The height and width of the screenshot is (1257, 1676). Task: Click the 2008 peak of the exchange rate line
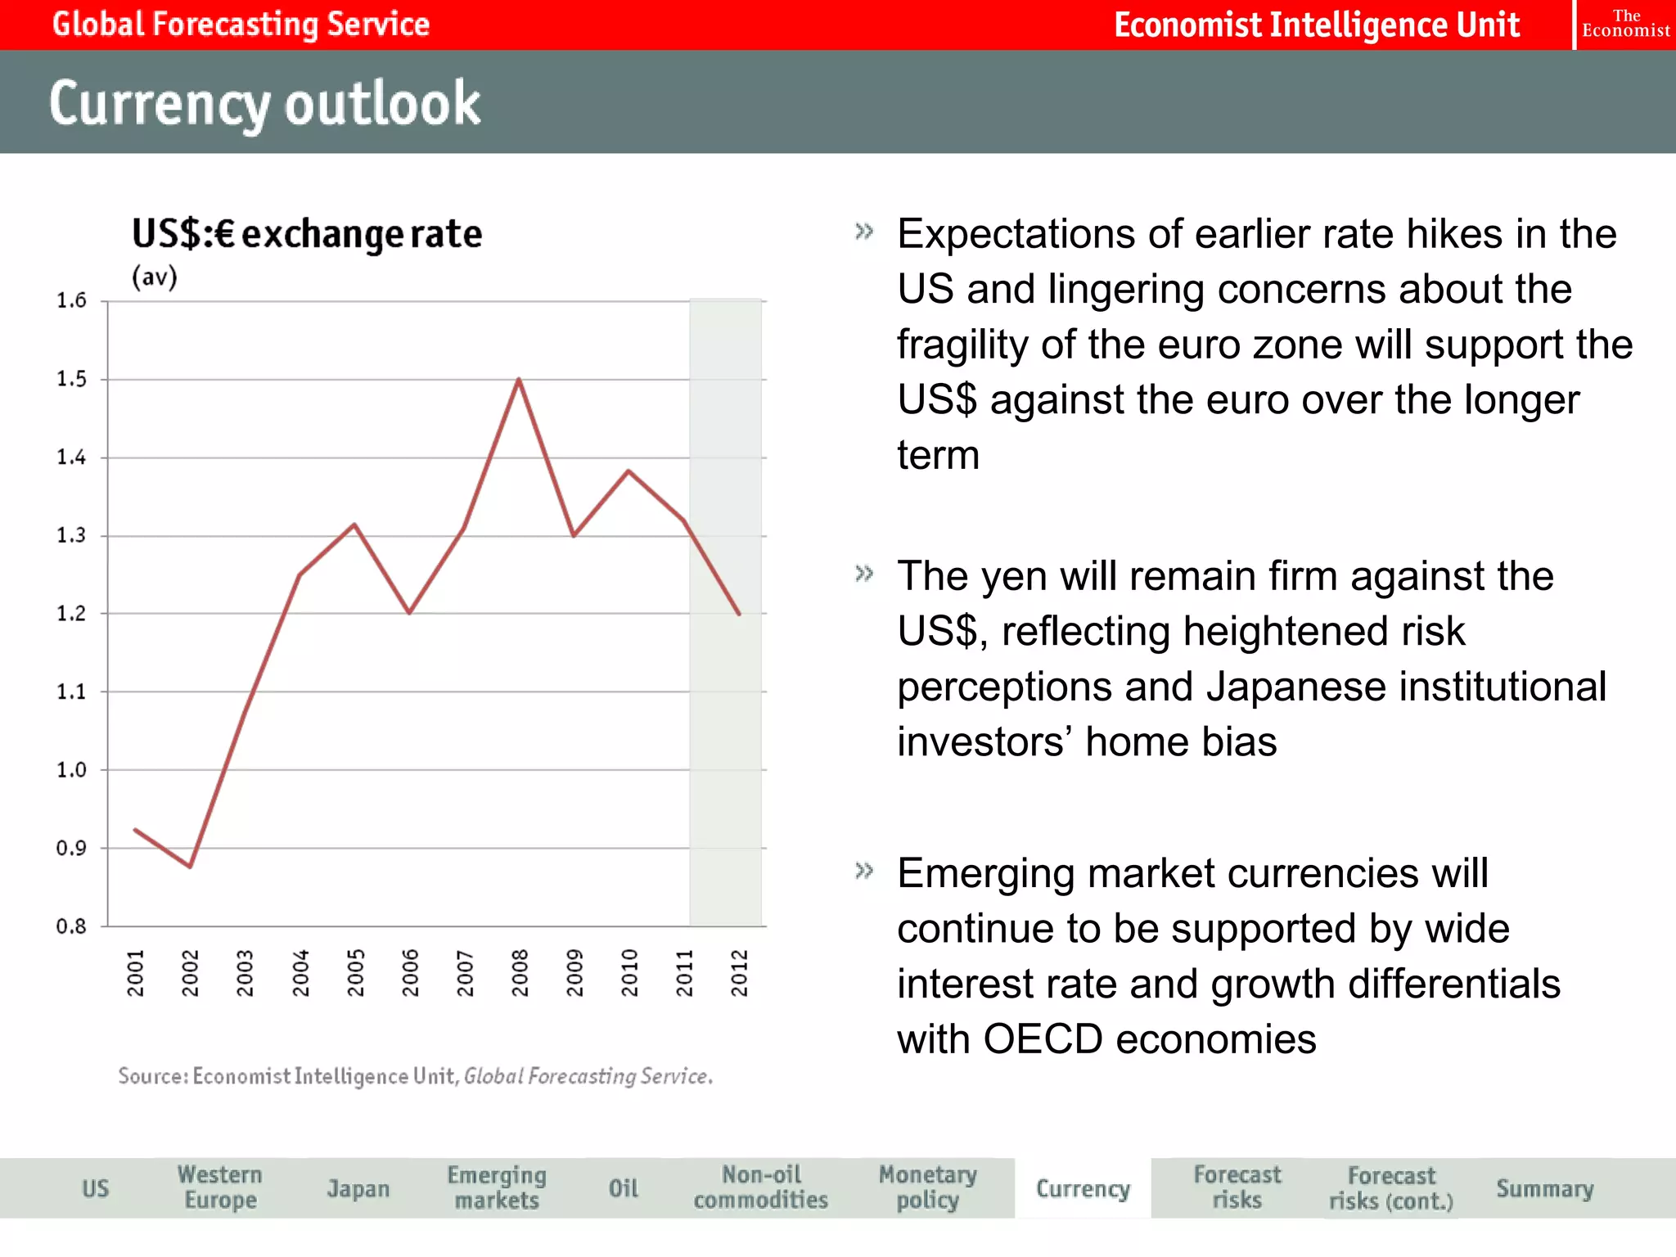pos(519,379)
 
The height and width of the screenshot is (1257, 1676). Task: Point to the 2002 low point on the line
pos(190,866)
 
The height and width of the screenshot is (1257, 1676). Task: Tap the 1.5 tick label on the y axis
pos(71,379)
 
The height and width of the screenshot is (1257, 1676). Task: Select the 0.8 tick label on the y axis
pos(71,926)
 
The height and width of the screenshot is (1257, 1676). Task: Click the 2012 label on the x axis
pos(740,972)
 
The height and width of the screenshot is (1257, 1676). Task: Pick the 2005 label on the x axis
pos(355,972)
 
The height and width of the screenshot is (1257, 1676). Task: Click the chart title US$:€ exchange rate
pos(307,234)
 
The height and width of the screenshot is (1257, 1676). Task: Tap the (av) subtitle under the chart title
pos(155,277)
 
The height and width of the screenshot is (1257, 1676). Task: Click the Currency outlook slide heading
pos(264,103)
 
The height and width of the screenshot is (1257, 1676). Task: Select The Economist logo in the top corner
pos(1625,25)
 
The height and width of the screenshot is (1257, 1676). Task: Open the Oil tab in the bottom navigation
pos(623,1188)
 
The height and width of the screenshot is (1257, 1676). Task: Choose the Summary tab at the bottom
pos(1544,1188)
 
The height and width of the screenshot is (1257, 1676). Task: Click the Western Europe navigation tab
pos(219,1187)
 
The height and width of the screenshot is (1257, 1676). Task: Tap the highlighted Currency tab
pos(1083,1188)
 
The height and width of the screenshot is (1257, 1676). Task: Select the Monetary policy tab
pos(927,1187)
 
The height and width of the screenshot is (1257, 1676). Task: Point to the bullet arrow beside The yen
pos(864,574)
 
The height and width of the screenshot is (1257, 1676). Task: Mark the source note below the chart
pos(415,1075)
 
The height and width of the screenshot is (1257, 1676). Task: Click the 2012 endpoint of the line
pos(739,614)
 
